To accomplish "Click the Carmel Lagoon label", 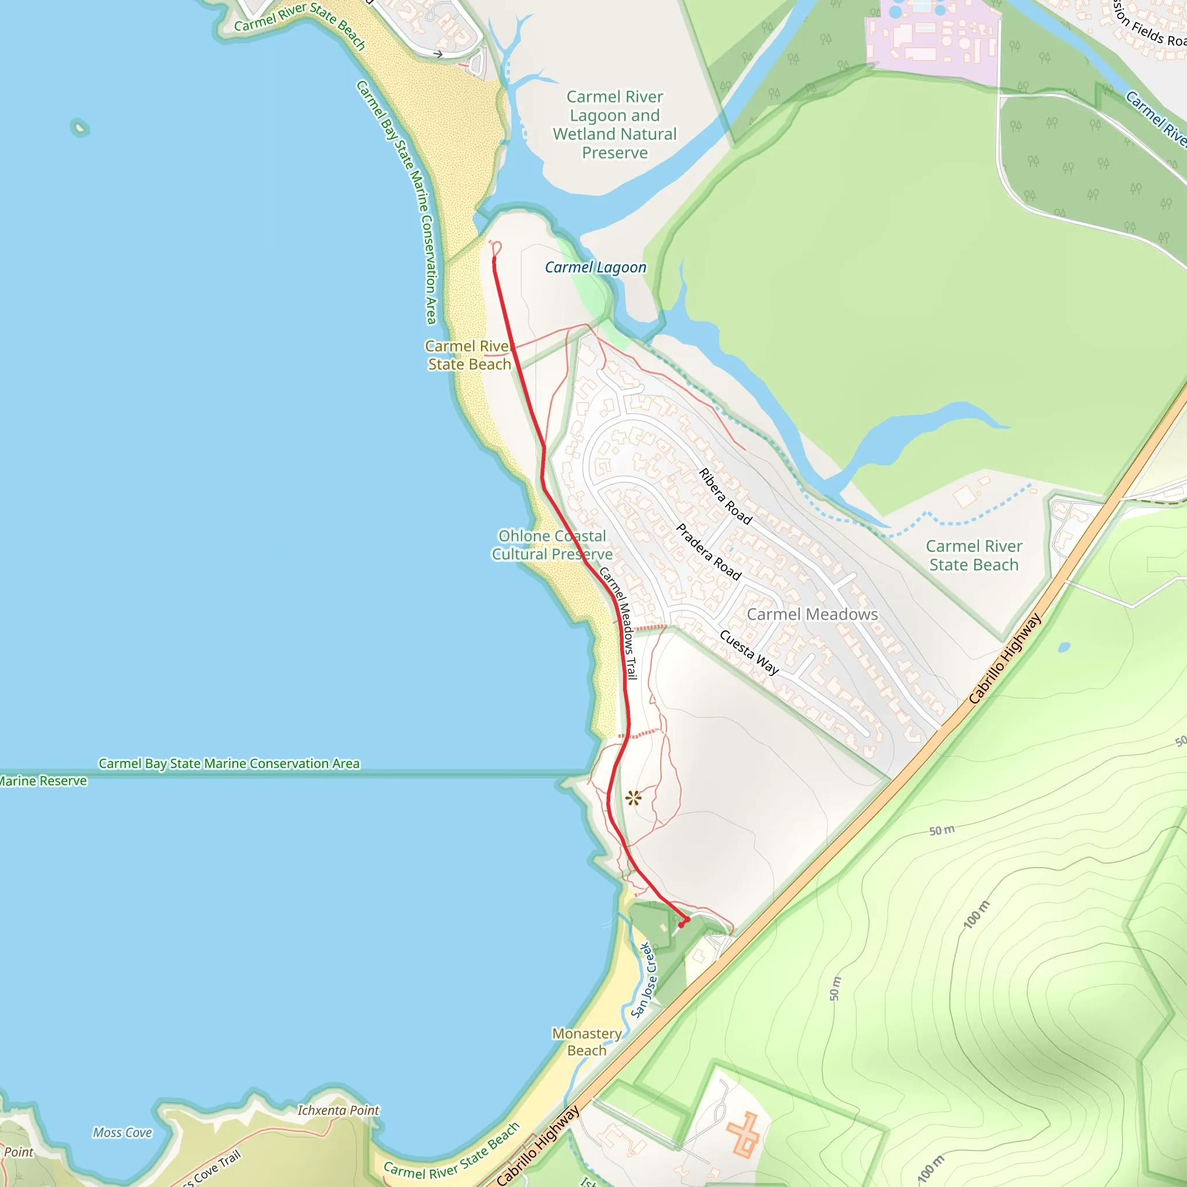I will (595, 267).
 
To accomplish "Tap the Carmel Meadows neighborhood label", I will (811, 614).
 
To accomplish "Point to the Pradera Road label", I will (708, 551).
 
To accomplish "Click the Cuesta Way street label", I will (749, 652).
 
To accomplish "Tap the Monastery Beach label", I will (587, 1042).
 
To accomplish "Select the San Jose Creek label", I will (644, 980).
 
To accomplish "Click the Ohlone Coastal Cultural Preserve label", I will (552, 545).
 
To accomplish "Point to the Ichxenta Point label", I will (338, 1110).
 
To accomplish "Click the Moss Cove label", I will (122, 1133).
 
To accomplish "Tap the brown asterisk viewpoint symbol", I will (633, 798).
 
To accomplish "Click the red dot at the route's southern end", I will (682, 924).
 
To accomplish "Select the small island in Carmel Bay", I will (79, 128).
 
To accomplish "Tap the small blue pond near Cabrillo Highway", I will (1064, 647).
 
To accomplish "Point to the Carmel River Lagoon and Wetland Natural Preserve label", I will (614, 125).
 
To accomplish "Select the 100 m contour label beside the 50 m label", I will (977, 913).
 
